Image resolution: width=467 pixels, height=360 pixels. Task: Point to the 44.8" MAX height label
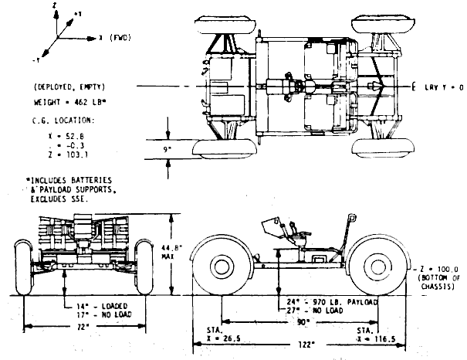point(178,252)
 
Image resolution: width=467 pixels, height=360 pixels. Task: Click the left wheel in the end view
point(24,267)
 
